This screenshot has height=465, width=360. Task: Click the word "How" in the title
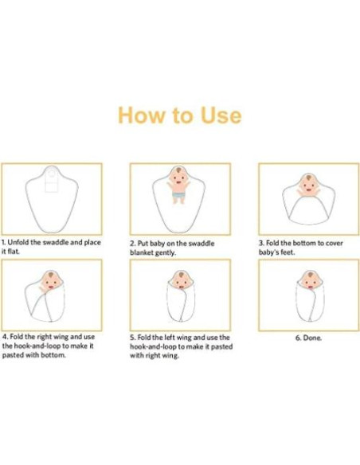coord(141,115)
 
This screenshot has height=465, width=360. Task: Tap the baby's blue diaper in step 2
coord(178,194)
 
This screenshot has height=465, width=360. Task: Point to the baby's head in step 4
coord(51,280)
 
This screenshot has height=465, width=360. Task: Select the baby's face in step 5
coord(180,280)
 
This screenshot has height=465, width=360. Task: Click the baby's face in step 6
coord(310,280)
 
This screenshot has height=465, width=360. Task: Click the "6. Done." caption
coord(308,338)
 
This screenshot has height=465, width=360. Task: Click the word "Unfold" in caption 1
coord(18,242)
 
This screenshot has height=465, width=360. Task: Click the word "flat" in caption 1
coord(14,252)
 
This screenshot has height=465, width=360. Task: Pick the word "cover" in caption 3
coord(335,243)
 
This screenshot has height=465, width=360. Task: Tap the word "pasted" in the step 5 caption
coord(223,346)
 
